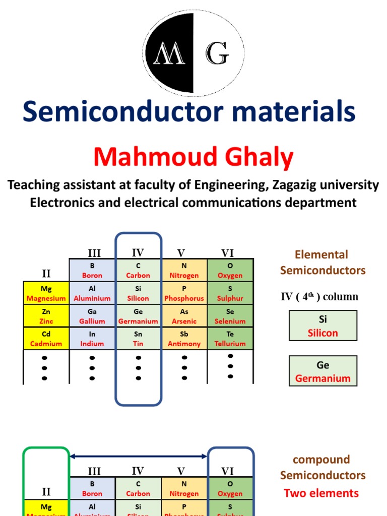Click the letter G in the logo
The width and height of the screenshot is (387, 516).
[x=217, y=53]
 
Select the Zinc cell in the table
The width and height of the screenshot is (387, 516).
[x=46, y=316]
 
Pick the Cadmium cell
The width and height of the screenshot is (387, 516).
[x=46, y=339]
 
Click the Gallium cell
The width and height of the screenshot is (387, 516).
[x=92, y=316]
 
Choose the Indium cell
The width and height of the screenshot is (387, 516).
[x=92, y=339]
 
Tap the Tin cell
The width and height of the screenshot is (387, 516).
[x=138, y=339]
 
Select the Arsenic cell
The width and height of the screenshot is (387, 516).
[x=184, y=316]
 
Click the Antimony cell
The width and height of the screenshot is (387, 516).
[x=184, y=339]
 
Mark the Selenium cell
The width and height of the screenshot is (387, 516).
[x=230, y=316]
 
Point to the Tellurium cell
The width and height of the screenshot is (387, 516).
[x=230, y=339]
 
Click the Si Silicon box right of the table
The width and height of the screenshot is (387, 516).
[x=322, y=326]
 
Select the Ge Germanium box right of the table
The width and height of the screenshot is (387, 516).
[x=322, y=371]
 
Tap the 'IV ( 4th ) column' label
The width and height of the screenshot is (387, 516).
[x=319, y=297]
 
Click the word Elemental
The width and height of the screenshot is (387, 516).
[x=321, y=254]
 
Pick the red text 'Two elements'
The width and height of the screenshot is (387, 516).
[x=321, y=493]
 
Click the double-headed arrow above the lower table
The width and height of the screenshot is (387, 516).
[x=138, y=457]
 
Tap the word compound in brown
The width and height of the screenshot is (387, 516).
[x=321, y=460]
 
